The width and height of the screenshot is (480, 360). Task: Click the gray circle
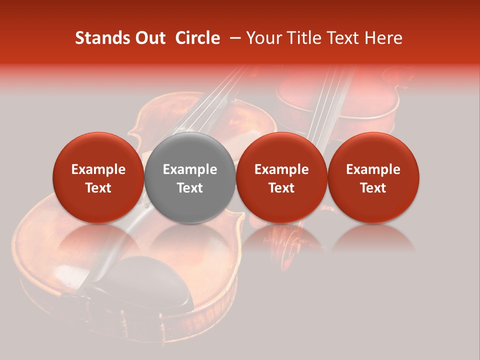pyautogui.click(x=190, y=177)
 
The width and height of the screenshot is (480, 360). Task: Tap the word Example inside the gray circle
pyautogui.click(x=190, y=169)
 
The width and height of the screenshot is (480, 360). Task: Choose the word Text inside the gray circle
pyautogui.click(x=190, y=188)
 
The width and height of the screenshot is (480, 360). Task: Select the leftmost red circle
pyautogui.click(x=98, y=177)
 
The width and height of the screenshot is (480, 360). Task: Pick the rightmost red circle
pyautogui.click(x=373, y=177)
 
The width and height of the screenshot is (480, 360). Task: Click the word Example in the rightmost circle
pyautogui.click(x=373, y=169)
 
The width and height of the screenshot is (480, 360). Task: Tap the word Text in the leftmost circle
pyautogui.click(x=98, y=188)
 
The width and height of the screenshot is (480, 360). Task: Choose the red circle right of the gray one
pyautogui.click(x=281, y=177)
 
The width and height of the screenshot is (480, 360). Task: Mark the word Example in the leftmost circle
pyautogui.click(x=98, y=169)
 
